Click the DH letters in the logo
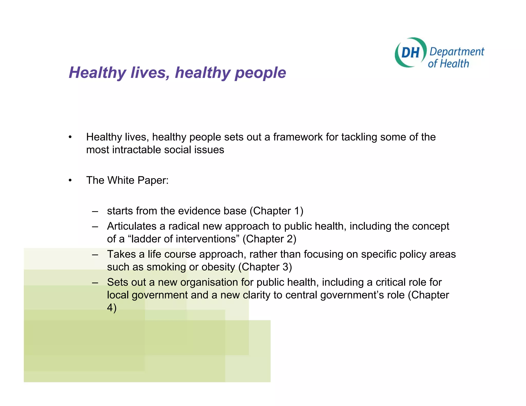click(410, 53)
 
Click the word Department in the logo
click(457, 52)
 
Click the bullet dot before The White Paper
click(70, 180)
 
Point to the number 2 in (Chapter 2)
click(289, 239)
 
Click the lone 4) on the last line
click(111, 308)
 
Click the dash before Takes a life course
click(95, 255)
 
